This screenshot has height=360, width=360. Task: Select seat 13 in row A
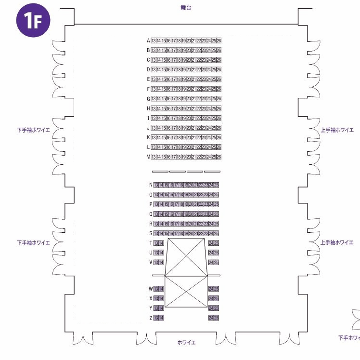154,40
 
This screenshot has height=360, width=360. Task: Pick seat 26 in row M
219,157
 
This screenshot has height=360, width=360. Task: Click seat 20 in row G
189,99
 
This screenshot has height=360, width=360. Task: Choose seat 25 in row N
217,185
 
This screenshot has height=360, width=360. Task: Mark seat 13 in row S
156,234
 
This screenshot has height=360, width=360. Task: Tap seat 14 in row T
161,243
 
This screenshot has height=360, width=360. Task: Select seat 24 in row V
211,263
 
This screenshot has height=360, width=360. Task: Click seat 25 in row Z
217,318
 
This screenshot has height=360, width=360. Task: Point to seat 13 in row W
156,289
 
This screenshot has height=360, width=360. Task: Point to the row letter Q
150,214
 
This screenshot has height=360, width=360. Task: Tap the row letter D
148,70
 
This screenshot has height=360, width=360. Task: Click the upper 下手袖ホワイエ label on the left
33,130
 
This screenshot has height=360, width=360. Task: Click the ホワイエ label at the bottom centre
186,343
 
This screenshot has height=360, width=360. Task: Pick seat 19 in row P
186,204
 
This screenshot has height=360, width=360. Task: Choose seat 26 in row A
219,40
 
